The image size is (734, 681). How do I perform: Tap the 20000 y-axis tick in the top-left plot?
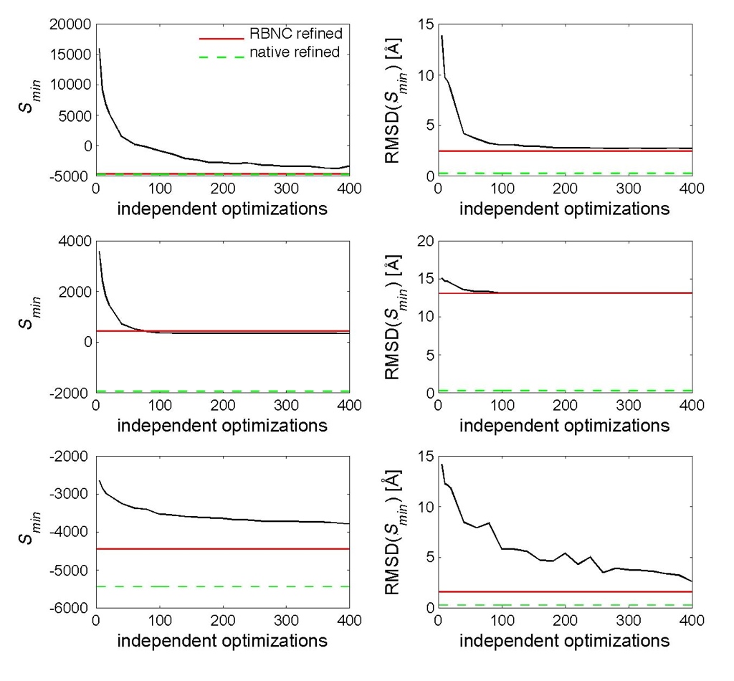[x=70, y=24]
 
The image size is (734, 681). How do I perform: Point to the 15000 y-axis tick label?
[x=70, y=54]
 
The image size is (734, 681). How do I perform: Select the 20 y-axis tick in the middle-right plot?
[x=421, y=241]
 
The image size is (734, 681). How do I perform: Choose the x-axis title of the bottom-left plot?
[x=222, y=640]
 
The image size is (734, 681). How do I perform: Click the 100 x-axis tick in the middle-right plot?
[x=501, y=406]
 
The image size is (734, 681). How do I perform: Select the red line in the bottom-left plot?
[x=222, y=548]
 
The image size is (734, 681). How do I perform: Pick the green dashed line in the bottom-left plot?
[x=222, y=586]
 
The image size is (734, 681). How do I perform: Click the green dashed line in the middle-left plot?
[x=222, y=391]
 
